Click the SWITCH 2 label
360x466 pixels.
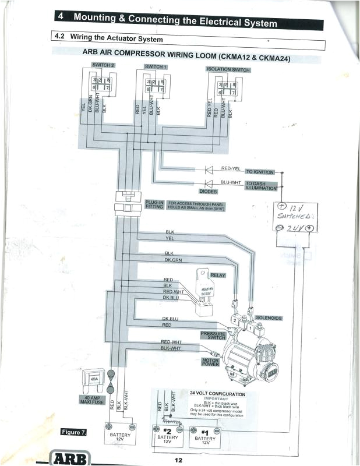[103, 64]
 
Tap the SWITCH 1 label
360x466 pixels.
[156, 67]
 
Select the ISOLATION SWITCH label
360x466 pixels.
[228, 69]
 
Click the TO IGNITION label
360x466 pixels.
[260, 172]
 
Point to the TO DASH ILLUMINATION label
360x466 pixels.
[260, 185]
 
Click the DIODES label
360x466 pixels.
[208, 191]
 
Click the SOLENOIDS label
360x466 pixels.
[269, 318]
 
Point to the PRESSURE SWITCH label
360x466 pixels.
[213, 336]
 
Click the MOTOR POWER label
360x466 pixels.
[210, 362]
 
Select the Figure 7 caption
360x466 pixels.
[75, 432]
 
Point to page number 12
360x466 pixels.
[178, 460]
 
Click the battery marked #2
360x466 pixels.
[168, 435]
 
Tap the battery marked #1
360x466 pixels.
[205, 435]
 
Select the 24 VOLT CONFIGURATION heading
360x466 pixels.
[217, 394]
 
